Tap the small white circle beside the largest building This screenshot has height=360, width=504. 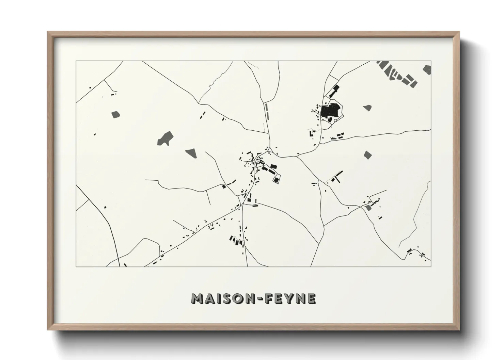335,120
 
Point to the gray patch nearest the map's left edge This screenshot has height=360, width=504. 116,115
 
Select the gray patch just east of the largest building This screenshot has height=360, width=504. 367,108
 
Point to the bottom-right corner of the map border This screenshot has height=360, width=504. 431,266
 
